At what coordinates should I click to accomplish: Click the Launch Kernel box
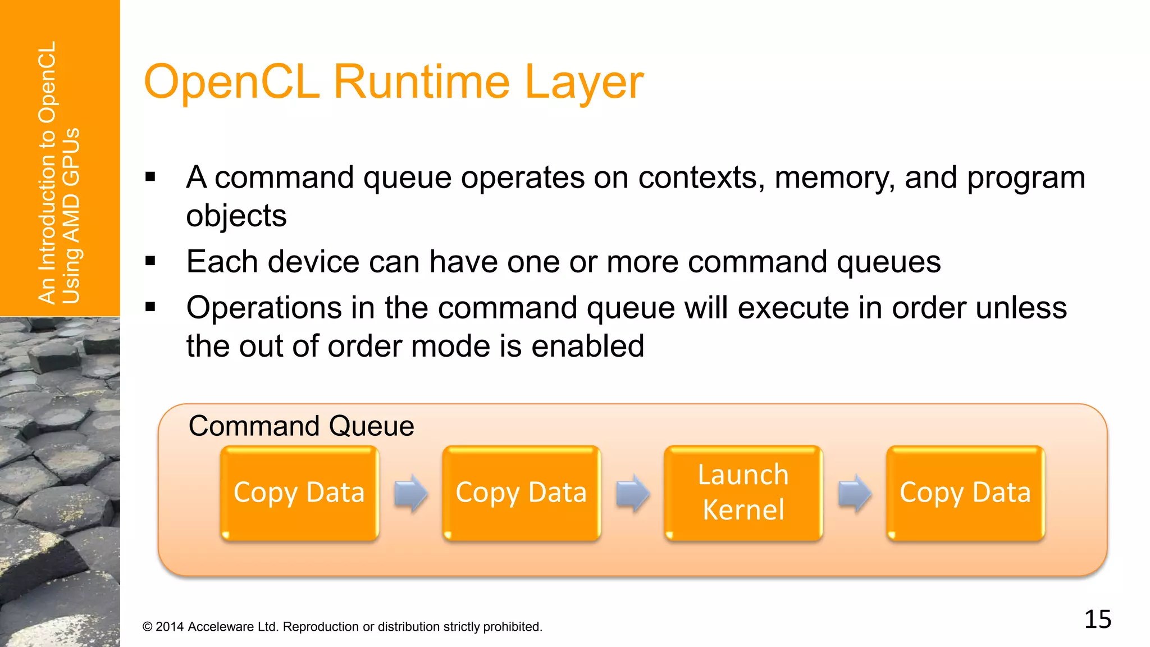click(x=743, y=493)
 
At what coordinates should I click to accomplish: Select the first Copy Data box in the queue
click(x=299, y=493)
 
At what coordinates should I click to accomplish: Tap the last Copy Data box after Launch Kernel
click(x=965, y=493)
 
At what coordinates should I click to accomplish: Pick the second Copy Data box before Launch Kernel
click(x=521, y=493)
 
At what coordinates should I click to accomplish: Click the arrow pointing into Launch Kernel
click(x=633, y=493)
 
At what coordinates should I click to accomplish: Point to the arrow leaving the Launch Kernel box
click(x=855, y=493)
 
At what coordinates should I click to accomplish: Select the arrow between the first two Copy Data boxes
click(x=411, y=493)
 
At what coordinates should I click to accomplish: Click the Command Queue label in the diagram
click(x=301, y=426)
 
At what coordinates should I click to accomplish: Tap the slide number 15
click(x=1097, y=619)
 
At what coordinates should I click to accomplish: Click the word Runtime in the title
click(x=422, y=82)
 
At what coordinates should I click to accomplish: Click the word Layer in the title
click(x=583, y=82)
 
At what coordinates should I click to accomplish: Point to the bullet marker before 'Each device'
click(x=150, y=261)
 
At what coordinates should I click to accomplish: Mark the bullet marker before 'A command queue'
click(x=150, y=177)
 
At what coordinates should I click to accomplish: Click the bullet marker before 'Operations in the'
click(x=150, y=307)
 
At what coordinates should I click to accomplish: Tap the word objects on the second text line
click(x=236, y=216)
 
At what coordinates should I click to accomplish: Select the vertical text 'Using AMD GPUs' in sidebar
click(x=71, y=216)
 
